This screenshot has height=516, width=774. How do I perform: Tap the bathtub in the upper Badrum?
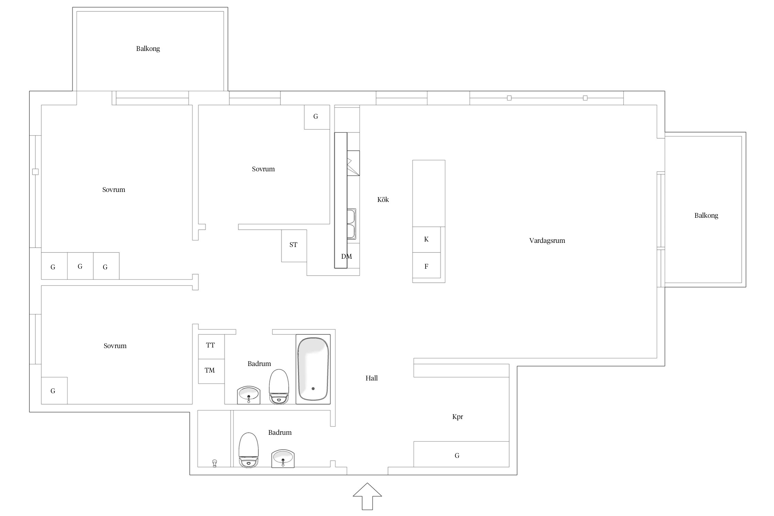click(313, 369)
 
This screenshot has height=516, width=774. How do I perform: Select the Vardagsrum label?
click(547, 241)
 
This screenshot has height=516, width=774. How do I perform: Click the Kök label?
click(383, 200)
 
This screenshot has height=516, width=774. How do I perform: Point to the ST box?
click(294, 246)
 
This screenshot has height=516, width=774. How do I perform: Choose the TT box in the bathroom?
click(211, 346)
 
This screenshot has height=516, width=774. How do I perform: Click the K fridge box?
click(427, 239)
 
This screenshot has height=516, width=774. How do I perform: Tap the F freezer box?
click(427, 265)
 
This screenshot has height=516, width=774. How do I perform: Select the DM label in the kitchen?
click(346, 256)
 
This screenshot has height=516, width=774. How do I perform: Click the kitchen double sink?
click(351, 224)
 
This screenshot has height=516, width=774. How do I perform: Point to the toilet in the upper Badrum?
click(279, 387)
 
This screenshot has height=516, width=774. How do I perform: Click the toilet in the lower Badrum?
click(248, 450)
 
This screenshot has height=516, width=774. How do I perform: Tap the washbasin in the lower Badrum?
click(283, 459)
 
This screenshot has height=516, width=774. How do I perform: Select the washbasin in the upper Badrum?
click(248, 395)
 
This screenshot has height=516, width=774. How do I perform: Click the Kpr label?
click(458, 417)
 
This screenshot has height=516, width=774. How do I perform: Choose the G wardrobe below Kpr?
click(461, 454)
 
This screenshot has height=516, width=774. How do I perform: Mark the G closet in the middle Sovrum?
click(317, 117)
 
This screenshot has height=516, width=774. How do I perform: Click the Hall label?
click(372, 378)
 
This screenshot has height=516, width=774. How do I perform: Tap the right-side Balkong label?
click(706, 216)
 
